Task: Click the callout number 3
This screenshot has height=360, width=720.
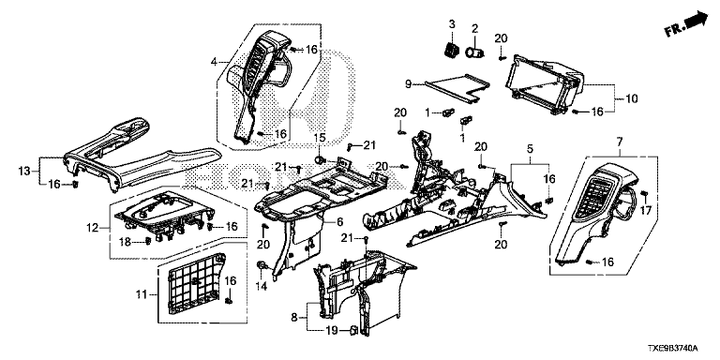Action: pyautogui.click(x=452, y=24)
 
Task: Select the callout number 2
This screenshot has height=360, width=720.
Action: pyautogui.click(x=474, y=28)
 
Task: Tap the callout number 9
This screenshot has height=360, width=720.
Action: pyautogui.click(x=408, y=84)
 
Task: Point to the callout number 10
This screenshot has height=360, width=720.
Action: pyautogui.click(x=632, y=98)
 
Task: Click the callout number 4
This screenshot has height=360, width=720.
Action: pyautogui.click(x=214, y=60)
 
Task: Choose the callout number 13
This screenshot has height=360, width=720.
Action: pyautogui.click(x=23, y=172)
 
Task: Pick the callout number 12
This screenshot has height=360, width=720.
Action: pyautogui.click(x=93, y=227)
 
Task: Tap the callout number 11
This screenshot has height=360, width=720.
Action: pyautogui.click(x=141, y=294)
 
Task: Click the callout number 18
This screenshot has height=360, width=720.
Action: pyautogui.click(x=126, y=241)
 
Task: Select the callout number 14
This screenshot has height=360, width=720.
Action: pyautogui.click(x=262, y=286)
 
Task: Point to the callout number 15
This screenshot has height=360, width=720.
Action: pyautogui.click(x=319, y=137)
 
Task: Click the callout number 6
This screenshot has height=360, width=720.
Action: pyautogui.click(x=339, y=222)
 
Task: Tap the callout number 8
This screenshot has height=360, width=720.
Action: pyautogui.click(x=293, y=317)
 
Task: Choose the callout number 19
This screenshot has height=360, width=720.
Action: pyautogui.click(x=332, y=330)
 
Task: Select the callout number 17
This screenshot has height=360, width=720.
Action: pyautogui.click(x=646, y=211)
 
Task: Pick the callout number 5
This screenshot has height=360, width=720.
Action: pyautogui.click(x=530, y=149)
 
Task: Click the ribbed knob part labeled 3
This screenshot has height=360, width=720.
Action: pyautogui.click(x=451, y=49)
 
